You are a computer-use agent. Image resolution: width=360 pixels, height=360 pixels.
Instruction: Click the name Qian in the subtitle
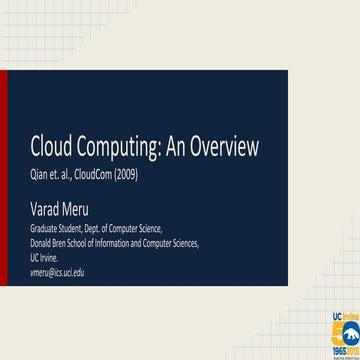pos(41,179)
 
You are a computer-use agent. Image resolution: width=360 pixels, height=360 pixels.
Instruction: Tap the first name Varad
pos(46,210)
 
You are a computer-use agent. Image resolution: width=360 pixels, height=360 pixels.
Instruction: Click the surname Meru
pos(76,210)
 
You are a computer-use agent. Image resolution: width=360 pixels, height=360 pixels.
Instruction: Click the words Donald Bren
pos(52,243)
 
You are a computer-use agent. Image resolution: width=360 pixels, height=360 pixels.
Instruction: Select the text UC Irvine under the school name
pos(44,257)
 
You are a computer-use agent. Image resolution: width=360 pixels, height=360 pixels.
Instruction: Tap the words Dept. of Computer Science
pos(124,229)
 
